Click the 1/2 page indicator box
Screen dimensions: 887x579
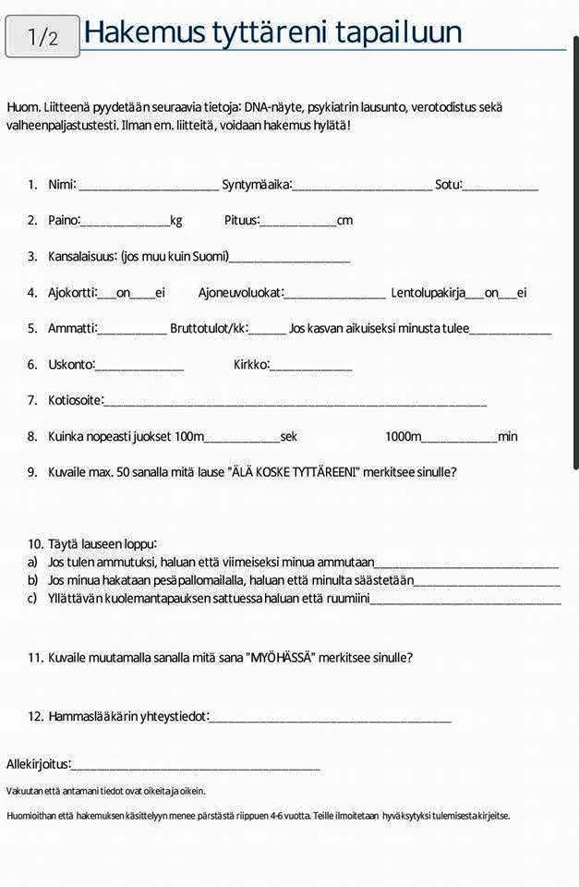(42, 36)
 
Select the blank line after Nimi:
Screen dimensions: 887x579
(149, 187)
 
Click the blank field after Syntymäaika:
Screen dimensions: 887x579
(362, 187)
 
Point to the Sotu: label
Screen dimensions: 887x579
(448, 185)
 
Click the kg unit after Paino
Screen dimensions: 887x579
(175, 221)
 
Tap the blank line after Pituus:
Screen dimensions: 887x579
(298, 223)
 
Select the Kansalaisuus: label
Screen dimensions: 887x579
(82, 257)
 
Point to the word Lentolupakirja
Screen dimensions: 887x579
(428, 293)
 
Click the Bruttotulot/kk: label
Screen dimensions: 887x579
(209, 328)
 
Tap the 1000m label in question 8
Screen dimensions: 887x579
(403, 436)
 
